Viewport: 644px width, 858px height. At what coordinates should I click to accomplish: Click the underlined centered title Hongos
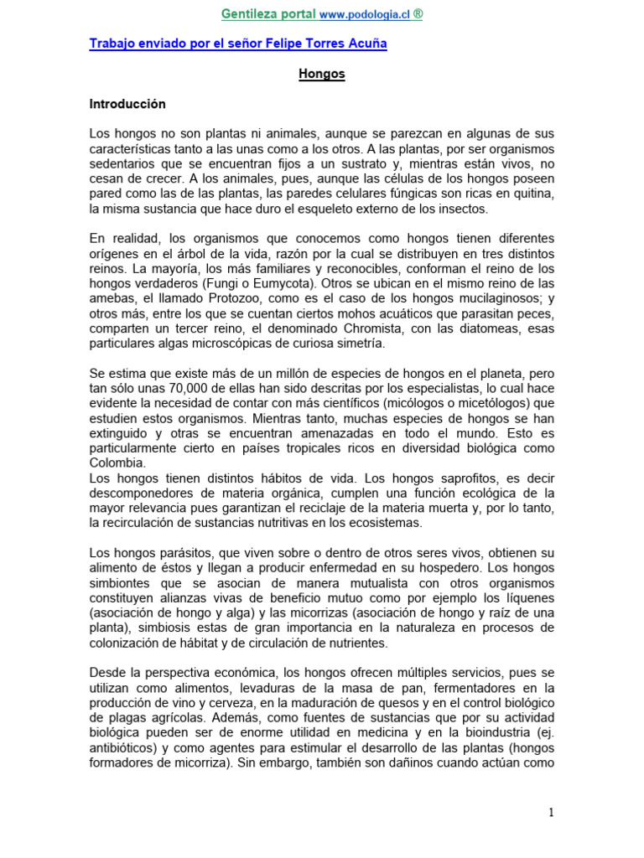pos(322,74)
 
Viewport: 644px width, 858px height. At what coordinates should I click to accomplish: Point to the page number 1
pos(551,812)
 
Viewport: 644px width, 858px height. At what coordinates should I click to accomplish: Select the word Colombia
pos(117,463)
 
